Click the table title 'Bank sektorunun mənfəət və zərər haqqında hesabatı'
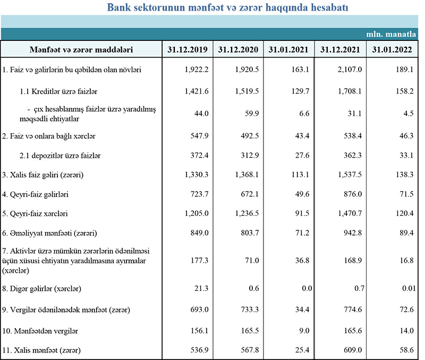pyautogui.click(x=228, y=8)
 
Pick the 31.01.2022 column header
pyautogui.click(x=393, y=49)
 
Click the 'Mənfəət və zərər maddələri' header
pyautogui.click(x=81, y=49)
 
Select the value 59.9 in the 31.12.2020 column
pyautogui.click(x=248, y=113)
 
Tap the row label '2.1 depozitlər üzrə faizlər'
pyautogui.click(x=60, y=155)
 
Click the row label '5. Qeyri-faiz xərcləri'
pyautogui.click(x=36, y=214)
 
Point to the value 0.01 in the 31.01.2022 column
pyautogui.click(x=405, y=289)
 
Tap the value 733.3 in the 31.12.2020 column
pyautogui.click(x=248, y=309)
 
